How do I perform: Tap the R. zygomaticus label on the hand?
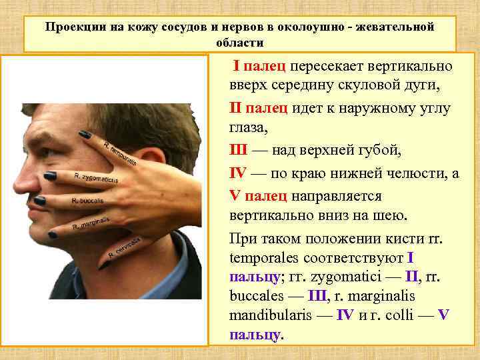click(97, 179)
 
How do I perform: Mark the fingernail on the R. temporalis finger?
click(85, 135)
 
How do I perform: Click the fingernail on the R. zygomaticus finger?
click(50, 176)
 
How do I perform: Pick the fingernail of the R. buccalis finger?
click(40, 200)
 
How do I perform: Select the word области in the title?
click(240, 42)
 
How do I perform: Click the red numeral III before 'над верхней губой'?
click(239, 151)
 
